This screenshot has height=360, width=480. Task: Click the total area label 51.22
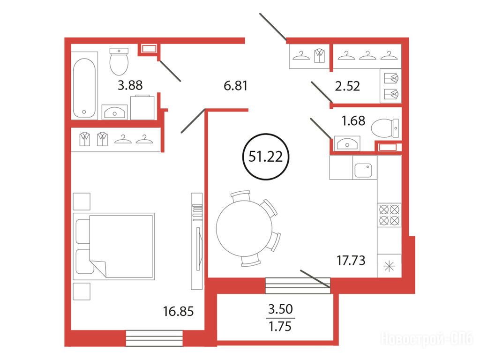coord(265,157)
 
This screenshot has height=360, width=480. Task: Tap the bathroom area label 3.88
coord(130,85)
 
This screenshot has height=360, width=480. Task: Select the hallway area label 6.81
coord(235,86)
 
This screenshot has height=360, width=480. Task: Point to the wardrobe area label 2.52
coord(347,86)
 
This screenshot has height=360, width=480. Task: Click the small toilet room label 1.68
coord(353,120)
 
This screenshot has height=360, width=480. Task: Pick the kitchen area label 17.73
coord(351,261)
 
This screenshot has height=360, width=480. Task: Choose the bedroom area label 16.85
coord(179,311)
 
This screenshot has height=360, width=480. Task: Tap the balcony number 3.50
coord(280,309)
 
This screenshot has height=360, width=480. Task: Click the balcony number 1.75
coord(280,327)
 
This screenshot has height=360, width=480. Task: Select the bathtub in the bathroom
coord(84,88)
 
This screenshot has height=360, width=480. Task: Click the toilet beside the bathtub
coord(119,61)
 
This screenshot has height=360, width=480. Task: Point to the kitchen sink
coord(363,171)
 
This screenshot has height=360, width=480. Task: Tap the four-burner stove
coord(390,215)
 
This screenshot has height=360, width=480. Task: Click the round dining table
coord(244,228)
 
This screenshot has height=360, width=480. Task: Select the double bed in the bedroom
coord(113,247)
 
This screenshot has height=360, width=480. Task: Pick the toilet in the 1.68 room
coord(385,128)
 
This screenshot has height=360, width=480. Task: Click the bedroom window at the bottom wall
coord(154,338)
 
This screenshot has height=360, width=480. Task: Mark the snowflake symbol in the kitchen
coord(390,266)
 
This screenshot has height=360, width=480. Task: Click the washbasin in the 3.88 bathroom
coord(114,112)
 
